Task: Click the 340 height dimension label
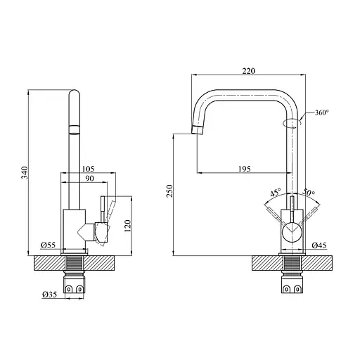point(25,172)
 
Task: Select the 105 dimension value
point(88,169)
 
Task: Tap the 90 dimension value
point(89,179)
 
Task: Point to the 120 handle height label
point(128,226)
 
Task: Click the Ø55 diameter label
point(49,245)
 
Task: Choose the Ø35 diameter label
point(50,295)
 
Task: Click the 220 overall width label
point(249,71)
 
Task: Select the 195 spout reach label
point(245,169)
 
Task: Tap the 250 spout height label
point(169,191)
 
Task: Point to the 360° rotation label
point(322,112)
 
